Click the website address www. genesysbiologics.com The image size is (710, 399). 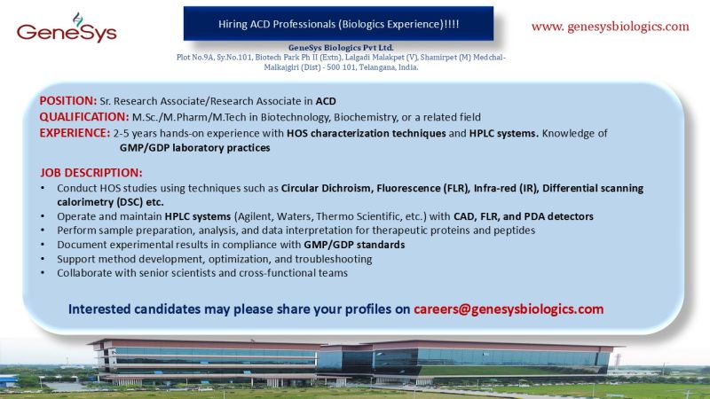610,26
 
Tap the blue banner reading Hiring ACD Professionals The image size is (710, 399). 338,20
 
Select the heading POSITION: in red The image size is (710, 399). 68,100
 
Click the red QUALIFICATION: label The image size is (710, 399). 83,117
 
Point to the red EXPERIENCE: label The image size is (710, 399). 75,133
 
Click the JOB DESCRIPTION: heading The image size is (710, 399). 91,172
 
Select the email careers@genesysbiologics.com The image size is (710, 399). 509,309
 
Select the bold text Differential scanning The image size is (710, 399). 593,188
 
